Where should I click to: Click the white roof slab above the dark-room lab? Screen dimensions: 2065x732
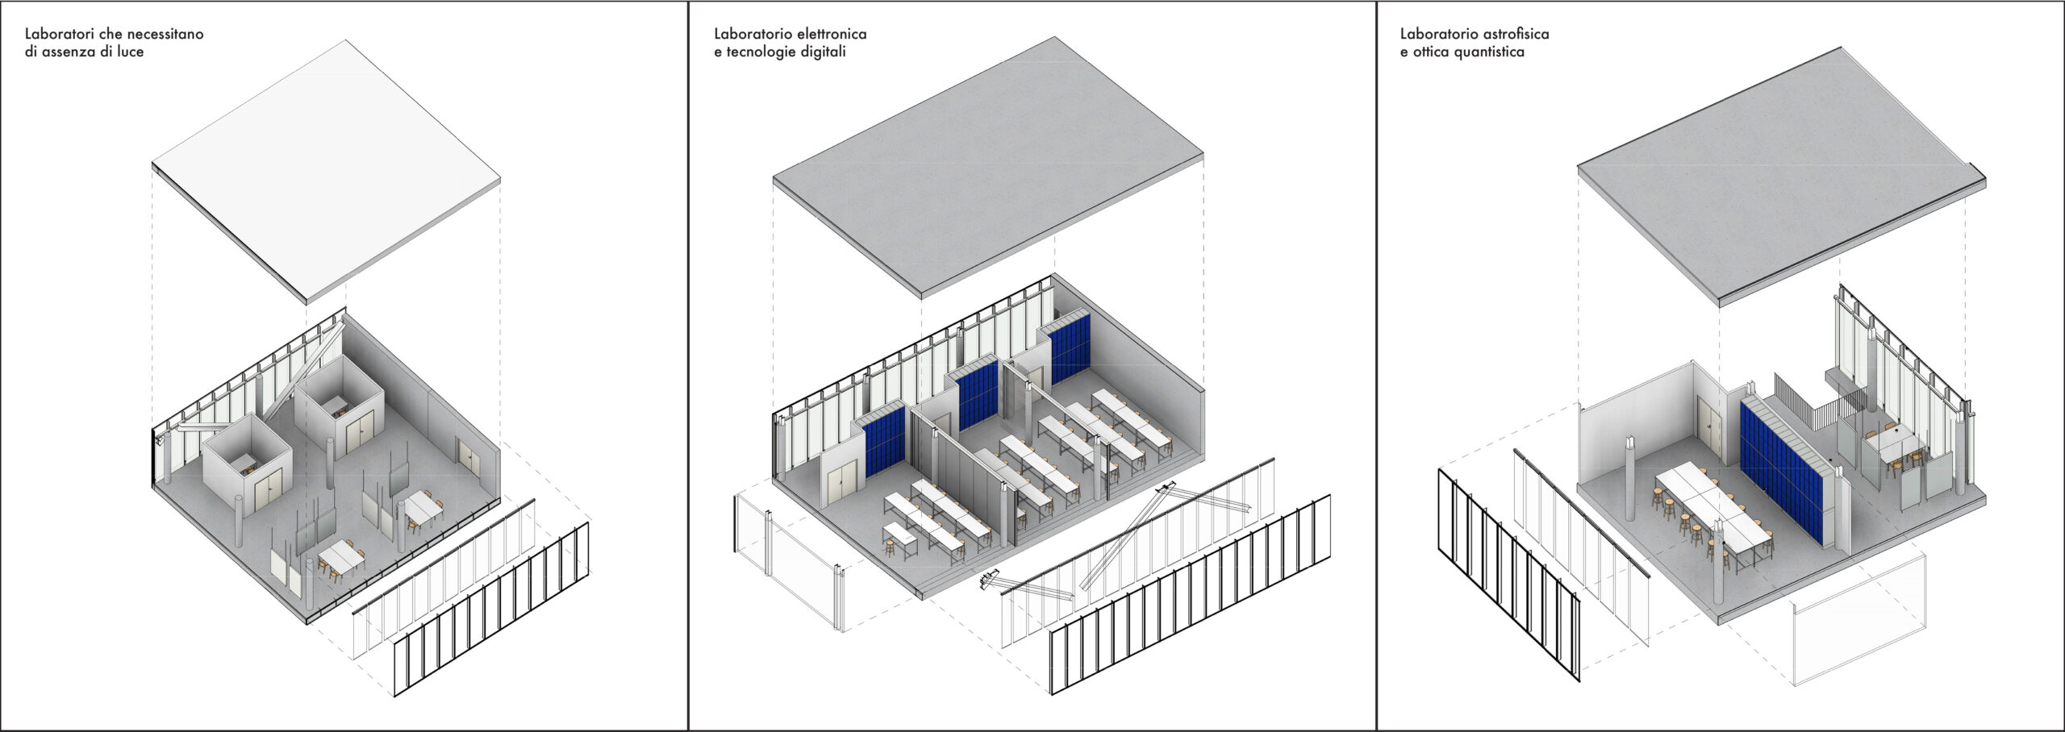click(326, 171)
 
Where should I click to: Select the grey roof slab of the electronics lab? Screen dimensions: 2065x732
click(988, 165)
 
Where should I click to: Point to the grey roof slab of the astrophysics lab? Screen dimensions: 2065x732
click(1781, 176)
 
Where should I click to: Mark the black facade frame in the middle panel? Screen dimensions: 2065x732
click(1190, 594)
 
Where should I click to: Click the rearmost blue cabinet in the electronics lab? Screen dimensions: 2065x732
click(1070, 348)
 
